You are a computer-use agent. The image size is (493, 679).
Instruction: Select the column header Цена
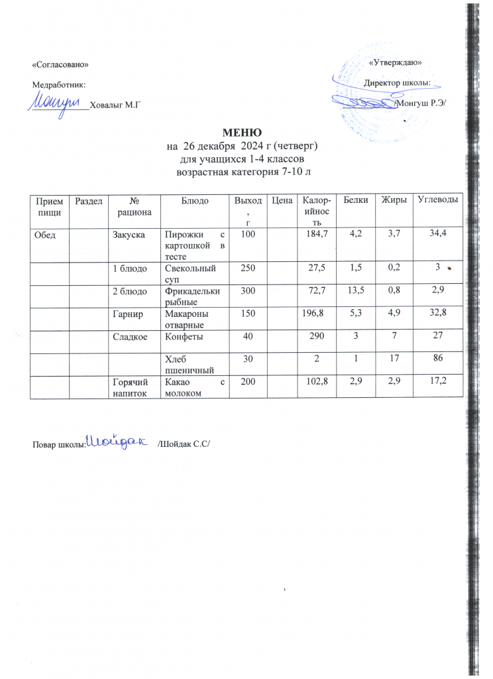[278, 200]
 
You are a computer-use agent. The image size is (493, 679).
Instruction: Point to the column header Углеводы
[437, 200]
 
